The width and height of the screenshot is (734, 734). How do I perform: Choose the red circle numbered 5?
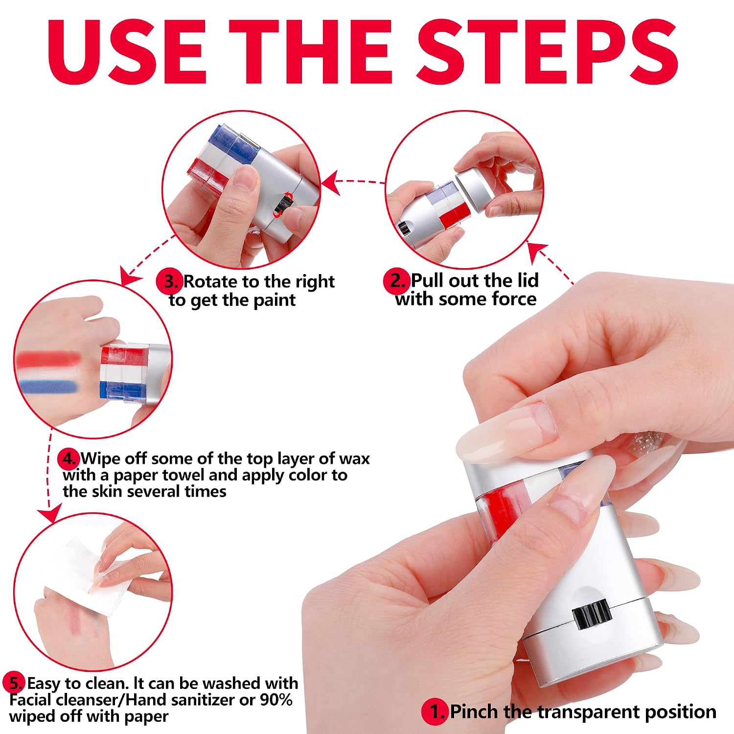click(14, 683)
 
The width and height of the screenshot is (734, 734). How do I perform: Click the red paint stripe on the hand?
click(47, 360)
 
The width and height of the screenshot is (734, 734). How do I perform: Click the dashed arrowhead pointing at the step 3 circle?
click(331, 182)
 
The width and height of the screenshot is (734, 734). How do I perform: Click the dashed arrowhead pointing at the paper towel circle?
click(49, 514)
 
